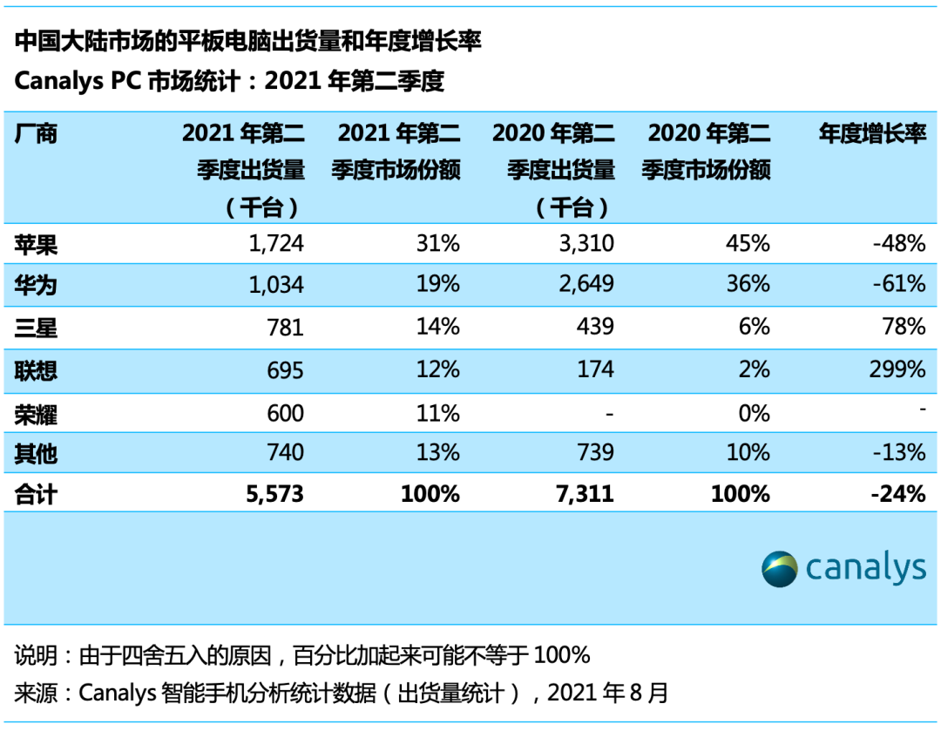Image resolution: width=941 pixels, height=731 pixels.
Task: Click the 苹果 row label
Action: (x=36, y=243)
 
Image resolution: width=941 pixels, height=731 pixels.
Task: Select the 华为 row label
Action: (x=36, y=285)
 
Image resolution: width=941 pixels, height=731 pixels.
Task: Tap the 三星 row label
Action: (x=36, y=327)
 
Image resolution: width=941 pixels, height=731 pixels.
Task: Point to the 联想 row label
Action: (x=36, y=369)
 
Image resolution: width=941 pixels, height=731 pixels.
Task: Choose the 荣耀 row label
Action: (x=36, y=410)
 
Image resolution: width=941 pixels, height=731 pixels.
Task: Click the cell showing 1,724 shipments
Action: (x=274, y=243)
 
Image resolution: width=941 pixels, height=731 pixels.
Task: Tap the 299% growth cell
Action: (x=897, y=369)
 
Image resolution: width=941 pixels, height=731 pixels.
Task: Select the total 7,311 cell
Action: (x=584, y=494)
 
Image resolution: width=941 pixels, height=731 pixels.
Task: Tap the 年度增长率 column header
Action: (x=872, y=133)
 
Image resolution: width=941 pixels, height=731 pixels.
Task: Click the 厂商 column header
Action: (x=36, y=133)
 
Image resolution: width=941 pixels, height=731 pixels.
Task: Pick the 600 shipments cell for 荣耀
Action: (x=286, y=410)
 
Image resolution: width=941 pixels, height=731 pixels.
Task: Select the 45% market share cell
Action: (x=748, y=243)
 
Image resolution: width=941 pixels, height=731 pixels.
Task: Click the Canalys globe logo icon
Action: (x=779, y=569)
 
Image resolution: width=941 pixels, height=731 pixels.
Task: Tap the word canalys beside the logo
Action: (x=865, y=569)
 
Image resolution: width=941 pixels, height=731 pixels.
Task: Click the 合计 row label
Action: (x=36, y=494)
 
